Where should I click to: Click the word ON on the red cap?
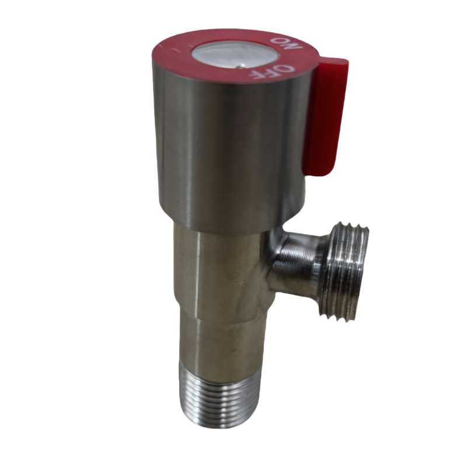pos(287,44)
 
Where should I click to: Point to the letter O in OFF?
pos(287,68)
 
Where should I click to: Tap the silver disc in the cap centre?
pos(235,57)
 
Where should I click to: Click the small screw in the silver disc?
pos(241,67)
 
